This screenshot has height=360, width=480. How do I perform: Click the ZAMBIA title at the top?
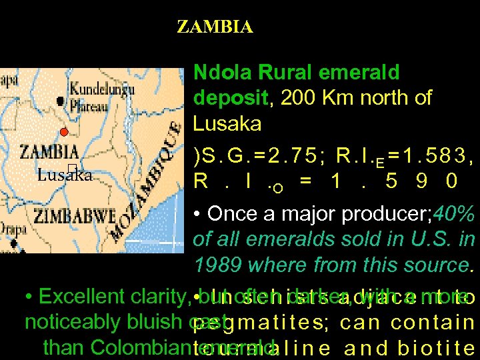coord(215,27)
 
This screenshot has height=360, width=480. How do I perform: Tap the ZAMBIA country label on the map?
coord(49,152)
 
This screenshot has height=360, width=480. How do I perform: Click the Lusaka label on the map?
coord(64,175)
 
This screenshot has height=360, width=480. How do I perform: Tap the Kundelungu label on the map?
coord(102,87)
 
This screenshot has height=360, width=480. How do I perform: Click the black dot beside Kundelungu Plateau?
coord(61,101)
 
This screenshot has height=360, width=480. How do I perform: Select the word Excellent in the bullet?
coord(73,297)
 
